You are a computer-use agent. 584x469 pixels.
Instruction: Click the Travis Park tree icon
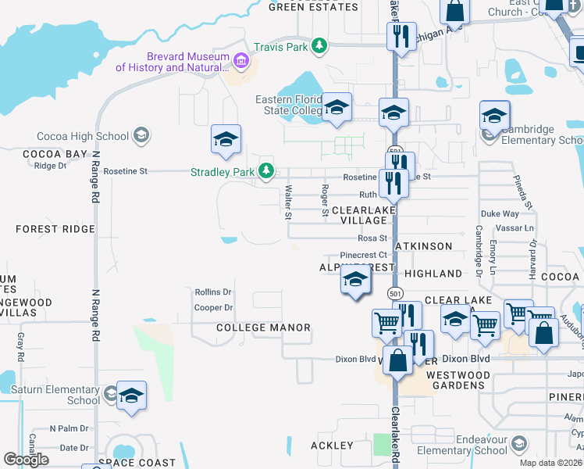(319, 47)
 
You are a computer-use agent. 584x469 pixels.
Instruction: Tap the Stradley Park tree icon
(266, 170)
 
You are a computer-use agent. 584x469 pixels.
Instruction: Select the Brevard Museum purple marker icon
(240, 61)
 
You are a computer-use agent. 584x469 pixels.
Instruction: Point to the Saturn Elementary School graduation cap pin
(132, 396)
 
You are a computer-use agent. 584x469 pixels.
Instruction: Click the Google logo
(27, 459)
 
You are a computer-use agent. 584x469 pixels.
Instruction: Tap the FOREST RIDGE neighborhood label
(55, 229)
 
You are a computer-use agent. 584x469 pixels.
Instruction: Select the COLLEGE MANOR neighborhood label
(263, 328)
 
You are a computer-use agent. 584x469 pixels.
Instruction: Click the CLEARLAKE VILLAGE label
(359, 216)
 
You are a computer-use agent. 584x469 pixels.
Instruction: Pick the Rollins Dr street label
(213, 292)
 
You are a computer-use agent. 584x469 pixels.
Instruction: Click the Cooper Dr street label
(213, 308)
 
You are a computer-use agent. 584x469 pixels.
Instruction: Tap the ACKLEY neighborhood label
(332, 446)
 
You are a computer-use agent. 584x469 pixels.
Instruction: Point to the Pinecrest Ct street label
(364, 256)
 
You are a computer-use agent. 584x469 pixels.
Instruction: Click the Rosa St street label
(372, 238)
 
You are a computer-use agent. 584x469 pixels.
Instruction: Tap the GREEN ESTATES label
(313, 7)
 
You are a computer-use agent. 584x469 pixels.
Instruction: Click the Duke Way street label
(500, 213)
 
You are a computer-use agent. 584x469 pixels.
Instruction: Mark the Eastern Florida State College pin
(337, 108)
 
